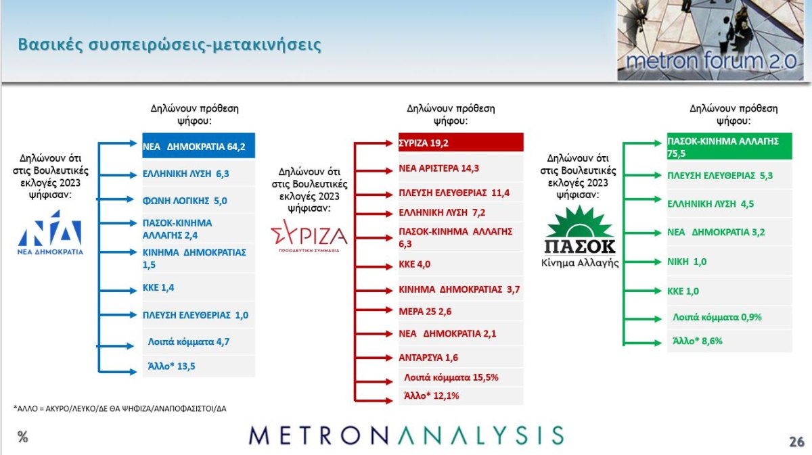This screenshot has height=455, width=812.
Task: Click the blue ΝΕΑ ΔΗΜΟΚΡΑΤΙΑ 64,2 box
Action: (x=198, y=145)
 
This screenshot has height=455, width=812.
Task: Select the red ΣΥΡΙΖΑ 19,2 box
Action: (x=461, y=143)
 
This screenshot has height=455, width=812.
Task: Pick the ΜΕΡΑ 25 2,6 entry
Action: (x=425, y=312)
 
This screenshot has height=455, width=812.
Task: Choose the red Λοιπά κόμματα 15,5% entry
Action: (x=451, y=377)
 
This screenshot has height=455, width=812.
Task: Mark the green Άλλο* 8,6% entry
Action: (x=697, y=341)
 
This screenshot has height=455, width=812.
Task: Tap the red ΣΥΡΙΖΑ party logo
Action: (x=309, y=236)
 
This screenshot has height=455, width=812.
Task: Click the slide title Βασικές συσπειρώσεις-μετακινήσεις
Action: (x=169, y=45)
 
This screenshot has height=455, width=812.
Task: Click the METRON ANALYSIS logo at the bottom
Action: (x=406, y=435)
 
